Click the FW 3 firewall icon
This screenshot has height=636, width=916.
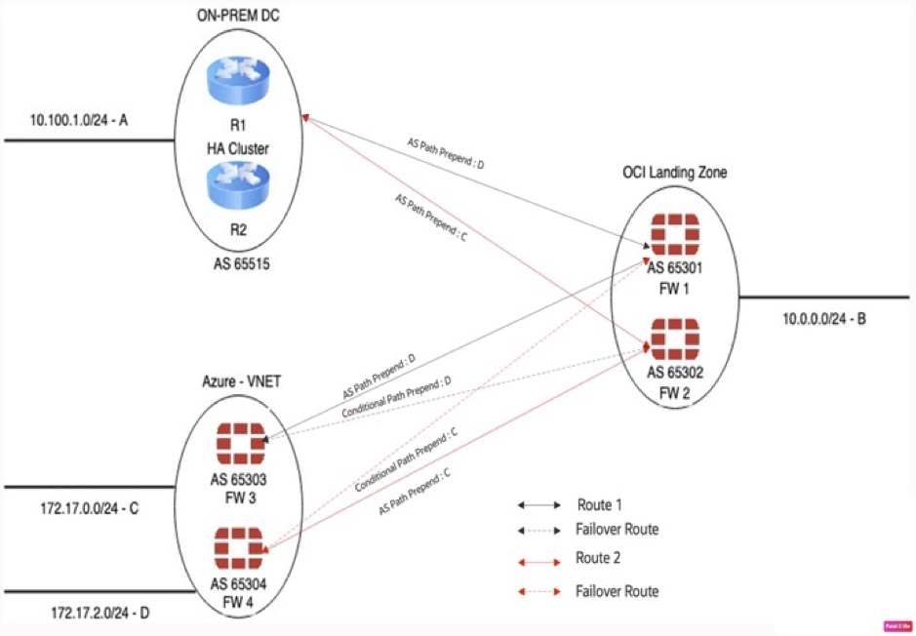[x=239, y=444]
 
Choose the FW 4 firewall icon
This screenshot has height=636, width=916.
[x=239, y=548]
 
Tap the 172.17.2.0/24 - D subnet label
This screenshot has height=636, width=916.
[x=85, y=612]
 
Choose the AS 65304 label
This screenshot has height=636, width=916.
[x=238, y=586]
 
